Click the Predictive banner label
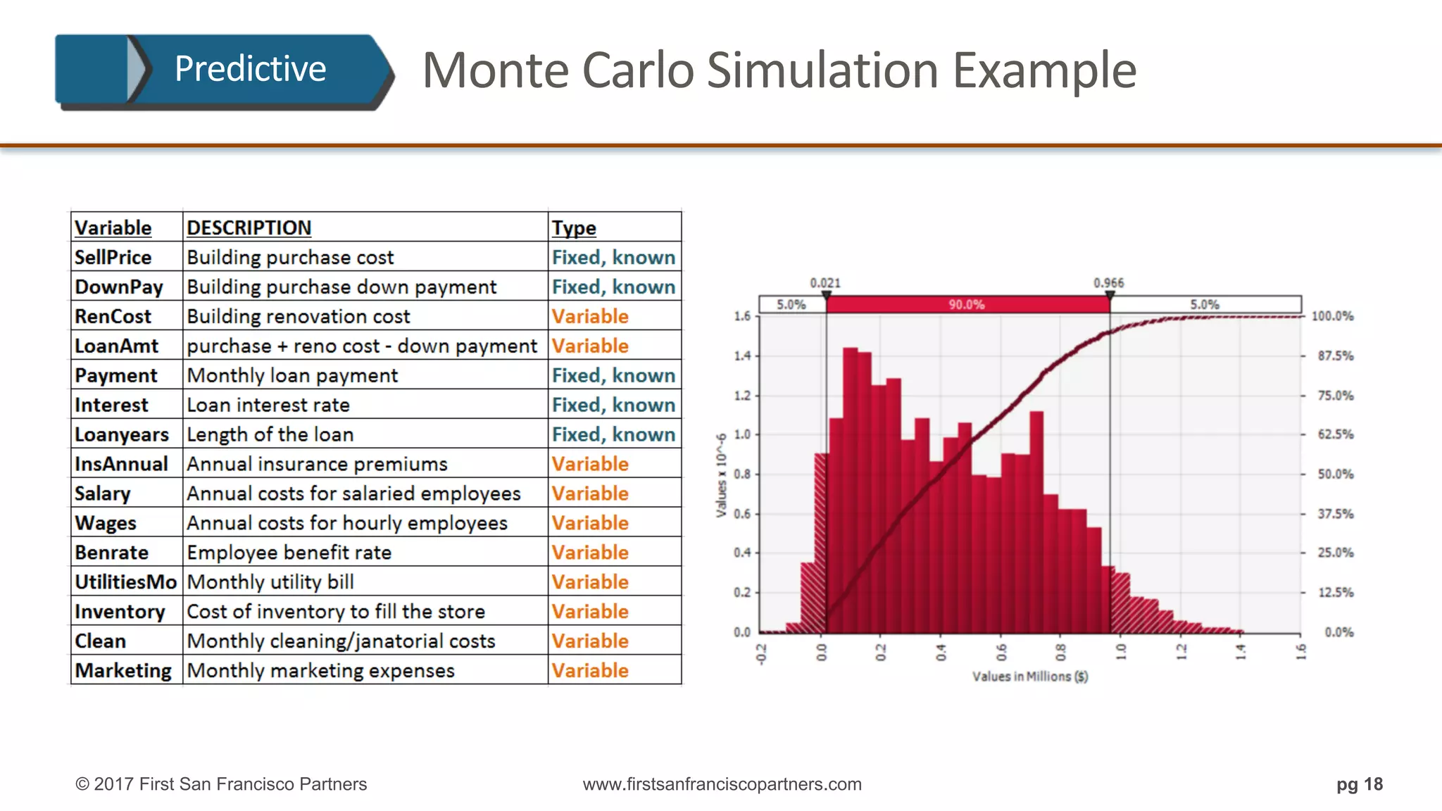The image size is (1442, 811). click(x=250, y=69)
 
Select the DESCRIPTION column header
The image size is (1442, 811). click(x=249, y=228)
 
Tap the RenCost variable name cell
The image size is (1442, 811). click(x=113, y=317)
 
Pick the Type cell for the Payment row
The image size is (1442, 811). click(x=613, y=376)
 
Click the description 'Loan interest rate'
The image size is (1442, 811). click(x=268, y=405)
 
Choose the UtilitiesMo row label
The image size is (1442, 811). click(x=125, y=582)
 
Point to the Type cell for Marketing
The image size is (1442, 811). click(x=590, y=671)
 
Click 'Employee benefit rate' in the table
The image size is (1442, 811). click(x=289, y=553)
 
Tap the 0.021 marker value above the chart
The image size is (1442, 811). click(x=825, y=283)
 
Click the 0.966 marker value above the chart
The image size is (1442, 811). click(x=1109, y=283)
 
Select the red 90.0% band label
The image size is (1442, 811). click(x=966, y=305)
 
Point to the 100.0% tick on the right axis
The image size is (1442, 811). click(x=1332, y=317)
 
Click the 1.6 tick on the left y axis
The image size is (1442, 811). click(x=742, y=317)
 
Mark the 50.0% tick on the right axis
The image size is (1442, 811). click(x=1335, y=474)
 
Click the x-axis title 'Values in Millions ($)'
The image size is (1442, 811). click(x=1030, y=677)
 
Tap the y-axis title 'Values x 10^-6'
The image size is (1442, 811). click(x=721, y=475)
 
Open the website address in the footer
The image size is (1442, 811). click(x=722, y=784)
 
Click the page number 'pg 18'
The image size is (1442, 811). click(x=1360, y=784)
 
